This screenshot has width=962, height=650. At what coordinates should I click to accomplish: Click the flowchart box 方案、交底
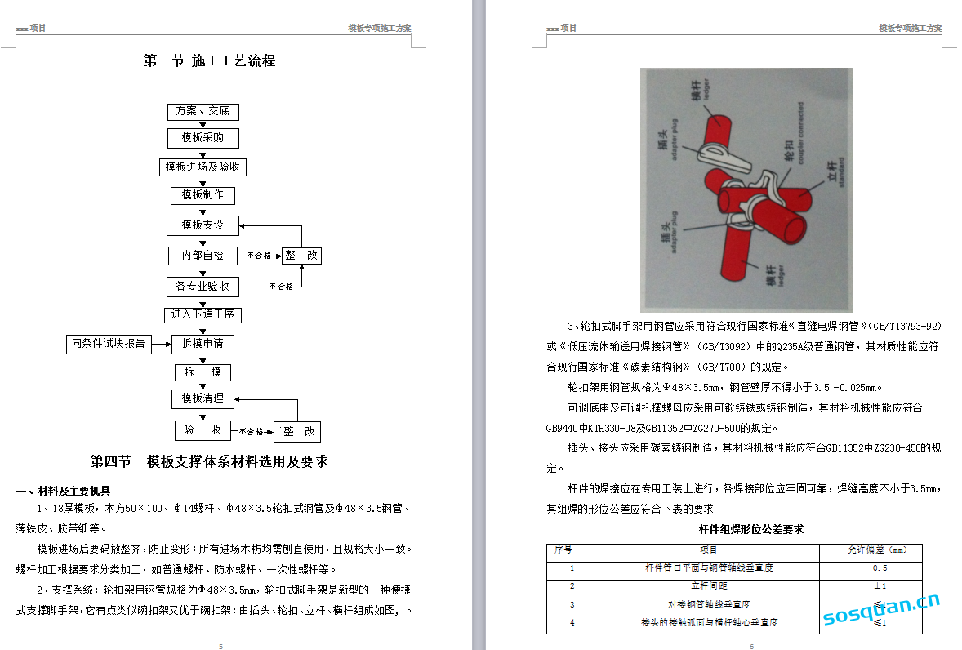pyautogui.click(x=203, y=111)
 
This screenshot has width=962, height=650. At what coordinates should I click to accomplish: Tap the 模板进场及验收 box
pyautogui.click(x=203, y=167)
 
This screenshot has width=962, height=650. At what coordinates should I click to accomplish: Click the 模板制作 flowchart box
pyautogui.click(x=203, y=195)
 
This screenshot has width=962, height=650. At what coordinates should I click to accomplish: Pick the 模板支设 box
pyautogui.click(x=203, y=225)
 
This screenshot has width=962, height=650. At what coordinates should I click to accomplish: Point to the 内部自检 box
pyautogui.click(x=203, y=256)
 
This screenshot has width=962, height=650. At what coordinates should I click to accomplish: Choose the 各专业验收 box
pyautogui.click(x=203, y=287)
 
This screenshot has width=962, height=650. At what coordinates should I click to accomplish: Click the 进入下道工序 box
pyautogui.click(x=203, y=314)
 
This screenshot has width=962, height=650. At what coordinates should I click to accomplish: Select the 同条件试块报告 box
pyautogui.click(x=108, y=344)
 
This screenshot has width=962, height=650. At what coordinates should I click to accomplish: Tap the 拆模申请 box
pyautogui.click(x=203, y=344)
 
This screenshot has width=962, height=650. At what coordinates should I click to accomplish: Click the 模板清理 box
pyautogui.click(x=203, y=398)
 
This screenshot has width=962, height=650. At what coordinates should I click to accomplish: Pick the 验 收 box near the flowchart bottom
pyautogui.click(x=203, y=430)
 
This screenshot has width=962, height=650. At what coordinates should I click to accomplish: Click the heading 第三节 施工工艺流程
pyautogui.click(x=210, y=60)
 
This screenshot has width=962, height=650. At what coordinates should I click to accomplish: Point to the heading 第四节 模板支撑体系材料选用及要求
pyautogui.click(x=209, y=461)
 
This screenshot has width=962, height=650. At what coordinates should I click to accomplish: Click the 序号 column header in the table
pyautogui.click(x=563, y=550)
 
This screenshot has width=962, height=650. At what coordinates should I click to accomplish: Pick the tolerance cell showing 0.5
pyautogui.click(x=880, y=568)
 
